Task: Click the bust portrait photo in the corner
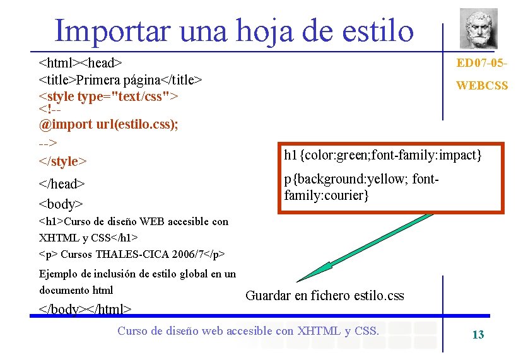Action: coord(478,28)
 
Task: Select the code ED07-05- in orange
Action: coord(482,63)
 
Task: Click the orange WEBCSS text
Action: coord(481,86)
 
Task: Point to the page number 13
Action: coord(478,335)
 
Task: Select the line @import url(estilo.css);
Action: coord(108,124)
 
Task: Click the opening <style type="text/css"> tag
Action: coord(108,96)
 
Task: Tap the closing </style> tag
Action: coord(62,161)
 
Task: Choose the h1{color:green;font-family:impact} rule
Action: coord(383,155)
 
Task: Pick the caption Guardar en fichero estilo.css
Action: coord(324,296)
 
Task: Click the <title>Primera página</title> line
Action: coord(120,80)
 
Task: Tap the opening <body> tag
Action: coord(61,205)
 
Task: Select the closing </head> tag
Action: coord(62,184)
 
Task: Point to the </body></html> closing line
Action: coord(85,309)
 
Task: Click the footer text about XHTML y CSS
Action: coord(249,331)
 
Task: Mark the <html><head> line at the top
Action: coord(80,63)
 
